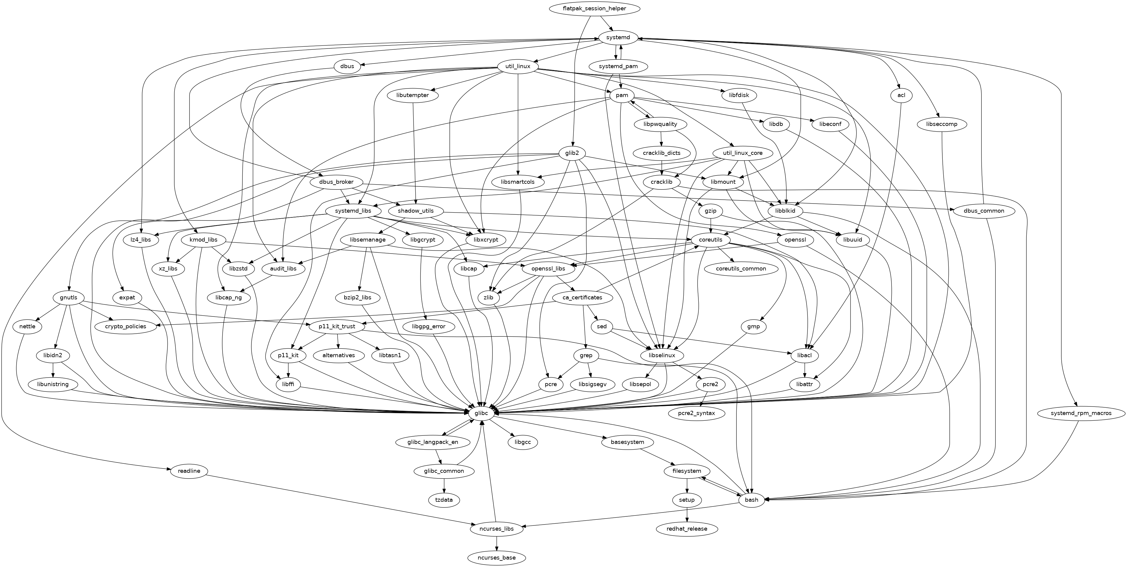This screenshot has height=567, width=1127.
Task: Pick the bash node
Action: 751,500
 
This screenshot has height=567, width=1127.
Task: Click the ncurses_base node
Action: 497,558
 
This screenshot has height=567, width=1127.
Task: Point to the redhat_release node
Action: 687,529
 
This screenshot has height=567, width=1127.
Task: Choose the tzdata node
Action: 444,500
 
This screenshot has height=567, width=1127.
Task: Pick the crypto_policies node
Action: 126,326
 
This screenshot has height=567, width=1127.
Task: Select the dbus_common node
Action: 983,211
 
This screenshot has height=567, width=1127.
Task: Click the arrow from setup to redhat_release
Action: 687,514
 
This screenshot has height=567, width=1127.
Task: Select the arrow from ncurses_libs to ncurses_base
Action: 497,544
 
